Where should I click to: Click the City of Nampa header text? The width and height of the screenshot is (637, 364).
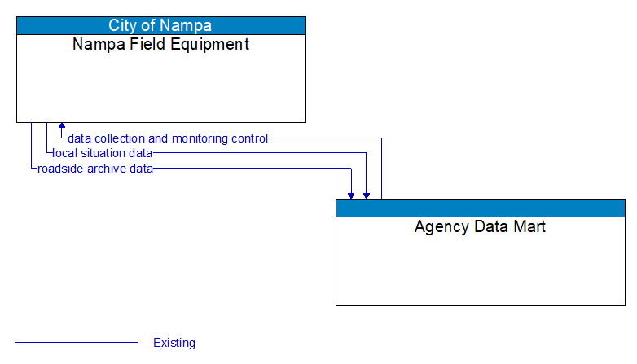pos(161,25)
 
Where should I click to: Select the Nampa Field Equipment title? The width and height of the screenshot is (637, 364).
pos(161,44)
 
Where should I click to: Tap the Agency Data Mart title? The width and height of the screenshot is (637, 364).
pos(480,226)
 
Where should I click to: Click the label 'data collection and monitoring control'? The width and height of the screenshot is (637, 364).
pos(168,138)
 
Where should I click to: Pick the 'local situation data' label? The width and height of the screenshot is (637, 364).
pos(102,153)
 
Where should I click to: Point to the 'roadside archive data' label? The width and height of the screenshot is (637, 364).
pos(95,169)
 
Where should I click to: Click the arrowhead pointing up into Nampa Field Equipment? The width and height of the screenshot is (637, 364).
pos(61,127)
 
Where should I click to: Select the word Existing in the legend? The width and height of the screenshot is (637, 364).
pos(174,343)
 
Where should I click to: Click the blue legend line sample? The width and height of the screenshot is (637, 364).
pos(77,343)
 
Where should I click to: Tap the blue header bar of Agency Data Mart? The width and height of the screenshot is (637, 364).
pos(480,208)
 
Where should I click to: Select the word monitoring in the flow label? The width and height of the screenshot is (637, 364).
pos(201,138)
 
